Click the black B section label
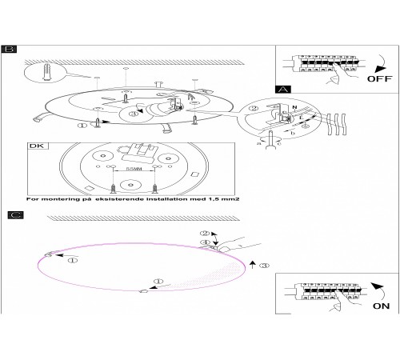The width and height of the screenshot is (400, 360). [x=9, y=50]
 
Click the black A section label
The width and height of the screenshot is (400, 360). [x=283, y=90]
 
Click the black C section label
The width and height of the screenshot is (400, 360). [x=15, y=215]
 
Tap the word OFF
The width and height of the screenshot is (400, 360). [x=379, y=78]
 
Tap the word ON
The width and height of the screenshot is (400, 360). [x=381, y=306]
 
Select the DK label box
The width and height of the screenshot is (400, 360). [x=38, y=146]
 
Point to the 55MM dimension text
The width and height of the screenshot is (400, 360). [x=134, y=169]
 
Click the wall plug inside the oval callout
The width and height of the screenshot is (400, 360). [x=46, y=71]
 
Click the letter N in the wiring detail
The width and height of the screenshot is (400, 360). [x=294, y=107]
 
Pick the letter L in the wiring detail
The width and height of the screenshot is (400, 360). [x=302, y=117]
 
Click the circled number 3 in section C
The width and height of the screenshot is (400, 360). [x=264, y=266]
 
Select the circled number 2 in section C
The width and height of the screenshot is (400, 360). [x=205, y=234]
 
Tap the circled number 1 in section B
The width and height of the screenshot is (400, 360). [x=82, y=125]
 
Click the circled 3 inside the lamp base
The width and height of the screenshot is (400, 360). [x=133, y=114]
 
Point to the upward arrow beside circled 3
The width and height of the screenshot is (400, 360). [x=253, y=265]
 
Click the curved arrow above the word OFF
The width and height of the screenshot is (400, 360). [x=382, y=64]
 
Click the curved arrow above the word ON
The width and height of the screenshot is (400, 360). [x=380, y=291]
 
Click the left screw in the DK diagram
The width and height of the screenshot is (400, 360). [x=114, y=189]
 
